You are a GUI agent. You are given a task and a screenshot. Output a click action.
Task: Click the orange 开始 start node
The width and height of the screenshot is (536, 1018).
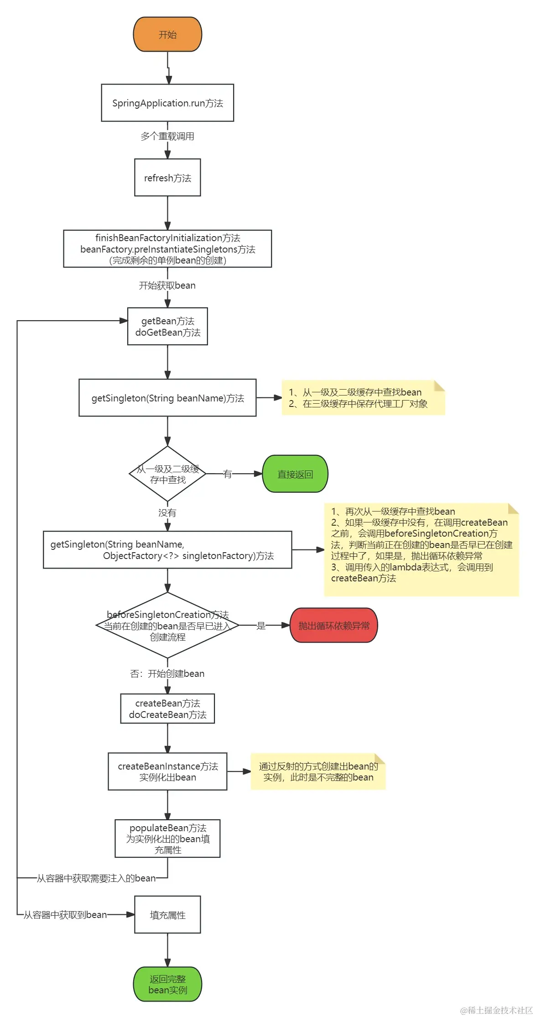167,34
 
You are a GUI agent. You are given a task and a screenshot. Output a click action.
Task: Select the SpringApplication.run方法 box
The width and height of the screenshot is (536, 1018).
167,103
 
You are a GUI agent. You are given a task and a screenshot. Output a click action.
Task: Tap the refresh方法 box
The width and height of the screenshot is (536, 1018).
167,178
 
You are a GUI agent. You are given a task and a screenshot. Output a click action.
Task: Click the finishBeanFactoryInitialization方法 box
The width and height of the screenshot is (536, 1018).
167,249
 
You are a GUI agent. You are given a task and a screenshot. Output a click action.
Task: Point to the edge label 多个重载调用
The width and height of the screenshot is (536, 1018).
167,136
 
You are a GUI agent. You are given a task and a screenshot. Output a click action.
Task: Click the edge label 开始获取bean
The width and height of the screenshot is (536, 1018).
167,285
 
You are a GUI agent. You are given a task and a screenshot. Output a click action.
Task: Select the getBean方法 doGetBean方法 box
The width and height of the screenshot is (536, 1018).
167,327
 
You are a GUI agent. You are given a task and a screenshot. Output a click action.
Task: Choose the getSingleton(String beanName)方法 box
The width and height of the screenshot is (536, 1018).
167,398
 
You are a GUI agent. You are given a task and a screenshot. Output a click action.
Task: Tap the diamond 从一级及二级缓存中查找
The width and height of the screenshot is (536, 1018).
167,474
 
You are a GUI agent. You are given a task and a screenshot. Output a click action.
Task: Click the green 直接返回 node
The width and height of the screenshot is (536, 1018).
295,474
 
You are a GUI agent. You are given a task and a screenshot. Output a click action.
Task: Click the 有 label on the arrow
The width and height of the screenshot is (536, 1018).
228,474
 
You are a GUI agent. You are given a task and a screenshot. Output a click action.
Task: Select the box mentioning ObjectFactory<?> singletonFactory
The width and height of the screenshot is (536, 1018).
167,550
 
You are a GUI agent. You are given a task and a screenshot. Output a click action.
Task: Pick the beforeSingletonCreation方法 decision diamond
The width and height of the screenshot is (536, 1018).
167,626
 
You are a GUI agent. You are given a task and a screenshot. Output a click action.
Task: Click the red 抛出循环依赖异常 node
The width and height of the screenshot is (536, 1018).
334,626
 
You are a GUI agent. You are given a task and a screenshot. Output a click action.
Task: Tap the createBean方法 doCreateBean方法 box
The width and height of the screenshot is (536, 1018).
167,709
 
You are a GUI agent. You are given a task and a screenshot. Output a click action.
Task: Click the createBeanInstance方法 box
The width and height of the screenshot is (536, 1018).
167,771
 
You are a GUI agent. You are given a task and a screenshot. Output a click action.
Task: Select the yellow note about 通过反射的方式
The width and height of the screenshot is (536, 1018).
318,771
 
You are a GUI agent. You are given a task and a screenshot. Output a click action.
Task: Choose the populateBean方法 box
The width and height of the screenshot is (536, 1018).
167,839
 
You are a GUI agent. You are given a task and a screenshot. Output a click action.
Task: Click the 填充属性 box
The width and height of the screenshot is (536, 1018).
167,915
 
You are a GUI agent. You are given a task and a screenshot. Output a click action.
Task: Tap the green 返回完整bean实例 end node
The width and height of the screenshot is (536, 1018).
167,984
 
